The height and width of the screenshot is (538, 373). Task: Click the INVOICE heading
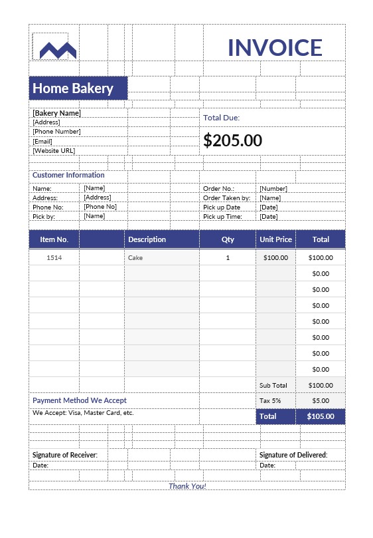pos(275,47)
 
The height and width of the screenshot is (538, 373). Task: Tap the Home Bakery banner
pos(78,88)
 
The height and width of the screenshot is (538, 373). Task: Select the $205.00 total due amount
pos(232,140)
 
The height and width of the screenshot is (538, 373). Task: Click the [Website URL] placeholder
pos(54,151)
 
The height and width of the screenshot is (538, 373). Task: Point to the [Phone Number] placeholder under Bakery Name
pos(56,132)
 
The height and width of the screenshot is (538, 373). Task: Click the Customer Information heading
pos(68,176)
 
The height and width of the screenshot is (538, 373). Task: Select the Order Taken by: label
pos(226,198)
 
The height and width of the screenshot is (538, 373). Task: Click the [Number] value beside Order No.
pos(273,189)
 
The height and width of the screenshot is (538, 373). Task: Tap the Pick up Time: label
pos(222,216)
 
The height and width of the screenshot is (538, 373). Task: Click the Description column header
pos(147,239)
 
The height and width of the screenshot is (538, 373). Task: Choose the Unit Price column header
pos(275,239)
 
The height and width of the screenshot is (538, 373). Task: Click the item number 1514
pos(54,257)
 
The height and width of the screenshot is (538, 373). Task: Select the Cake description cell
pos(135,257)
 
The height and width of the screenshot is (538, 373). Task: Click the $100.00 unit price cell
pos(275,257)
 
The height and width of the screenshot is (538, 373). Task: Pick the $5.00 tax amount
pos(321,401)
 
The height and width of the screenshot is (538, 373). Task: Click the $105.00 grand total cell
pos(321,416)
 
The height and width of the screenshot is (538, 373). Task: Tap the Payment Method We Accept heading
pos(80,401)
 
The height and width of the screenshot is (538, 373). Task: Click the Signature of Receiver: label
pos(65,455)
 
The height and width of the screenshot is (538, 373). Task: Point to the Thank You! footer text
pos(187,486)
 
